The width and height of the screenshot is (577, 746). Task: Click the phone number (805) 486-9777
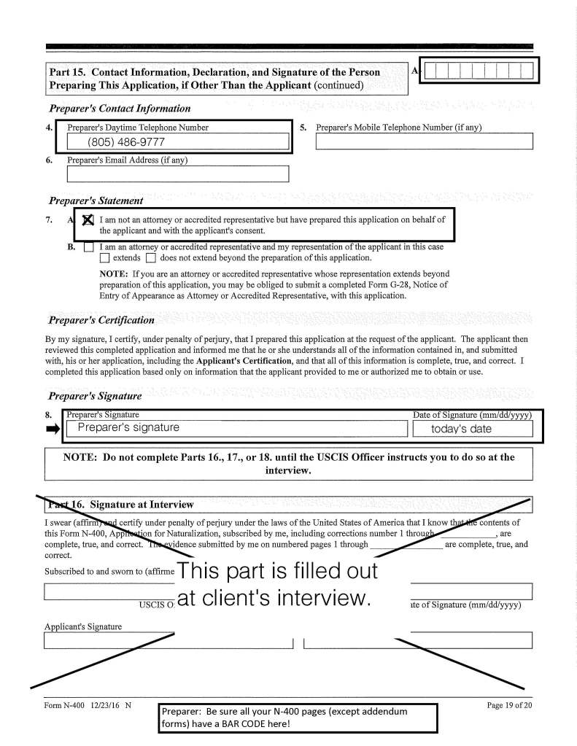[x=125, y=142]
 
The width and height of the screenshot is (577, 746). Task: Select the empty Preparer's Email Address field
[x=178, y=174]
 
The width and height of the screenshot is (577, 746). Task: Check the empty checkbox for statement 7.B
[x=88, y=247]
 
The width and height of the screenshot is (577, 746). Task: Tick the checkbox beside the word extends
[x=105, y=258]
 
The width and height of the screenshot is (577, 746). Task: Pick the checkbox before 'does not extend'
[x=150, y=258]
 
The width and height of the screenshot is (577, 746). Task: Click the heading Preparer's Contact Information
[x=120, y=109]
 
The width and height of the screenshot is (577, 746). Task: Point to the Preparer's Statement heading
[x=95, y=201]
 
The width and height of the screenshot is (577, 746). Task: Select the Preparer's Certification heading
[x=101, y=320]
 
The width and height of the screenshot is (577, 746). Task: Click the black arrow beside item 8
[x=53, y=430]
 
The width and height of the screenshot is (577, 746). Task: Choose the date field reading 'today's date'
[x=472, y=429]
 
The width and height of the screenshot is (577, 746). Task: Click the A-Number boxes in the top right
[x=479, y=71]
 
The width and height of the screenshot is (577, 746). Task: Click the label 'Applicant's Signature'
[x=83, y=626]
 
